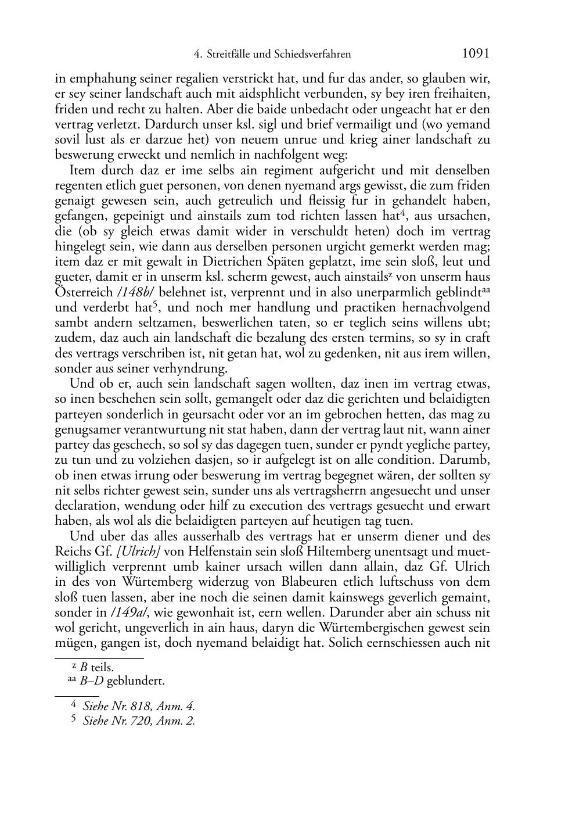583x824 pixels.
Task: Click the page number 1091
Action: click(x=476, y=53)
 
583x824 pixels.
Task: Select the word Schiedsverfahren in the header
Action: click(x=314, y=54)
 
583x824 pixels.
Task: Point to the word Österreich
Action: click(x=84, y=292)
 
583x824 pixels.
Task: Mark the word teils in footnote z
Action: click(x=102, y=667)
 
